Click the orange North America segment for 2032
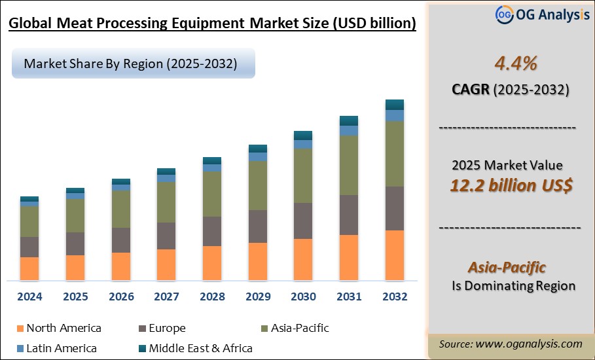[x=395, y=255]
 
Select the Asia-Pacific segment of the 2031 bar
[x=349, y=165]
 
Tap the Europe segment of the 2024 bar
[x=29, y=247]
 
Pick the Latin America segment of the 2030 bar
[x=303, y=144]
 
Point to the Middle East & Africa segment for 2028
[x=212, y=160]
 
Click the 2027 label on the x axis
[x=166, y=297]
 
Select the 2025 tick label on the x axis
[x=75, y=297]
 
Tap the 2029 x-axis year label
[x=258, y=297]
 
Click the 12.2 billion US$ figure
[x=511, y=185]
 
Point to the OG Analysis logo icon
[x=503, y=14]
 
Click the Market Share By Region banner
[x=131, y=63]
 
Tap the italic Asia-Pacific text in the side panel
[x=507, y=267]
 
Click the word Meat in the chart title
[x=74, y=24]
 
